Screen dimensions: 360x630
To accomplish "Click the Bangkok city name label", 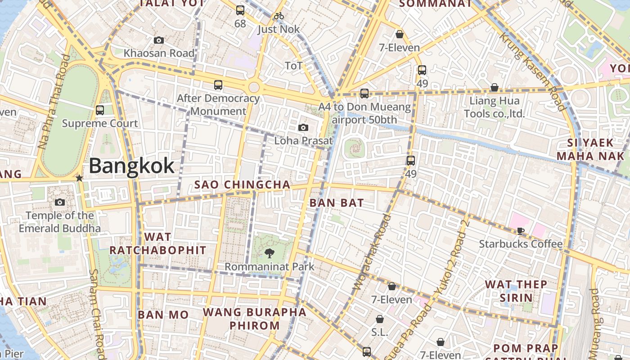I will coord(131,166).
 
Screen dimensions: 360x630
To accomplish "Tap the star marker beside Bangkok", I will coord(80,178).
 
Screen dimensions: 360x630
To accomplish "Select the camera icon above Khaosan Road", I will coord(158,40).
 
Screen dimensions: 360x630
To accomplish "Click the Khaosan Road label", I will coord(159,53).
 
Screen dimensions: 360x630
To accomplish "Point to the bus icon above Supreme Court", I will coord(100,110).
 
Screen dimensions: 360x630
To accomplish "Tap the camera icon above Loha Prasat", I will coord(303,128).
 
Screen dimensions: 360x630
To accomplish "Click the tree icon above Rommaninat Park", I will coord(270,253).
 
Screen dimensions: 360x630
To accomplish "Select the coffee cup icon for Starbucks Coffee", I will coord(521,231).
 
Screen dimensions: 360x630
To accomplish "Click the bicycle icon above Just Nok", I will coord(279,16).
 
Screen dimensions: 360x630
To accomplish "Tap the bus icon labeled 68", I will coord(240,10).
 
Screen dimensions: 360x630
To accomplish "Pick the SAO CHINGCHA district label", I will coord(242,185).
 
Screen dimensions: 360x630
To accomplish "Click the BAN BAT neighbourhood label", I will coord(337,203).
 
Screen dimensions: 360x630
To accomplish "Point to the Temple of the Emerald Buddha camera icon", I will coord(60,202).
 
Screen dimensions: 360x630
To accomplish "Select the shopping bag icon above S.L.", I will coord(380,319).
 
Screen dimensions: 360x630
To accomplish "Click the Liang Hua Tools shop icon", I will coord(494,87).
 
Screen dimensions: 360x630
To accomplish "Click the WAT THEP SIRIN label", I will coord(516,291).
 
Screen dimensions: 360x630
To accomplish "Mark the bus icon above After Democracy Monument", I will coord(218,85).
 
